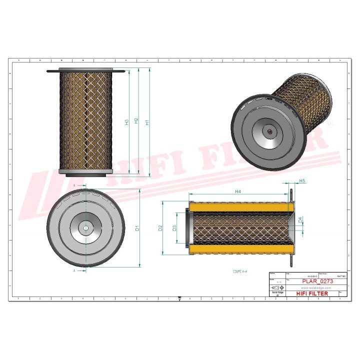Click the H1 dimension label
(x=146, y=121)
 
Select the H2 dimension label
(x=136, y=121)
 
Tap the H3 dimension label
(x=127, y=121)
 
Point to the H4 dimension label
(x=238, y=191)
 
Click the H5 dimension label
(x=302, y=180)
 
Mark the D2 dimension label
(x=160, y=228)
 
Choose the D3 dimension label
(x=174, y=228)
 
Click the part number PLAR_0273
(x=316, y=282)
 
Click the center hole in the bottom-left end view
(x=85, y=228)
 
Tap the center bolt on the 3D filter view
(x=269, y=132)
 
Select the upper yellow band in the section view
(x=239, y=206)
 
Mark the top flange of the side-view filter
(x=85, y=71)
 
